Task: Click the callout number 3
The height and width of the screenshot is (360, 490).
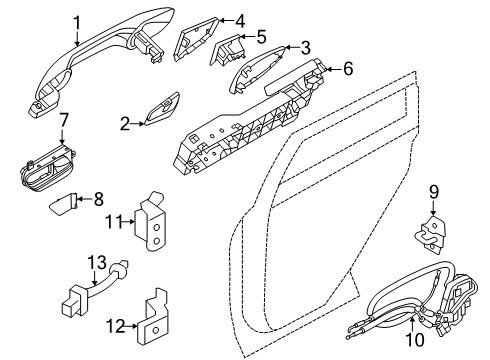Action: tap(305, 47)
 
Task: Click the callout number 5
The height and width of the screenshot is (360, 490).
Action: tap(260, 37)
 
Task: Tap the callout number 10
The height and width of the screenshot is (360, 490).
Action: tap(418, 346)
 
